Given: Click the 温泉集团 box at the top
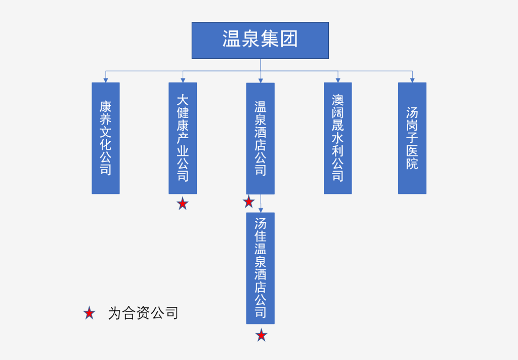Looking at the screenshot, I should point(260,40).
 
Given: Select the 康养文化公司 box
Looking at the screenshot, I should point(105,138).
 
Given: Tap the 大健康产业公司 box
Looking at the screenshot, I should point(183,138).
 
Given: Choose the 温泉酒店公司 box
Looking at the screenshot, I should point(260,138).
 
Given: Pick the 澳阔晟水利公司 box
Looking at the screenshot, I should point(337,138).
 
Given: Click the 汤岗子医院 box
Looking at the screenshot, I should point(412,138).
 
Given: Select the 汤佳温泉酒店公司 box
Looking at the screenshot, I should point(260,268).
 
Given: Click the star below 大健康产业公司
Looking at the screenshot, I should point(183,204).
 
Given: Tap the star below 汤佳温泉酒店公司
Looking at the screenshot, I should point(261,335).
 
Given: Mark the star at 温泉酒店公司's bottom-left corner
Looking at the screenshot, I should point(248,202).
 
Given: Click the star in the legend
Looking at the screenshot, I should point(89,313).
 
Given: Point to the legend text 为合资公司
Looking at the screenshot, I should point(143,313).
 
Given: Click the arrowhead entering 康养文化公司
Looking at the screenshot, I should point(105,79).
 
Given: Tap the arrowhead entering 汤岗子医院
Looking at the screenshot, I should point(412,79).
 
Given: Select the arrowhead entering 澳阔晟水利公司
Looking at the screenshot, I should point(337,79).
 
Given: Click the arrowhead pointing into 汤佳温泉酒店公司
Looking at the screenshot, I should point(261,210).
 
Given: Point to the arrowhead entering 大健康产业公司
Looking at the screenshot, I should point(183,79).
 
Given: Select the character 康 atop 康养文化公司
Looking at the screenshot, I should point(105,106).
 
